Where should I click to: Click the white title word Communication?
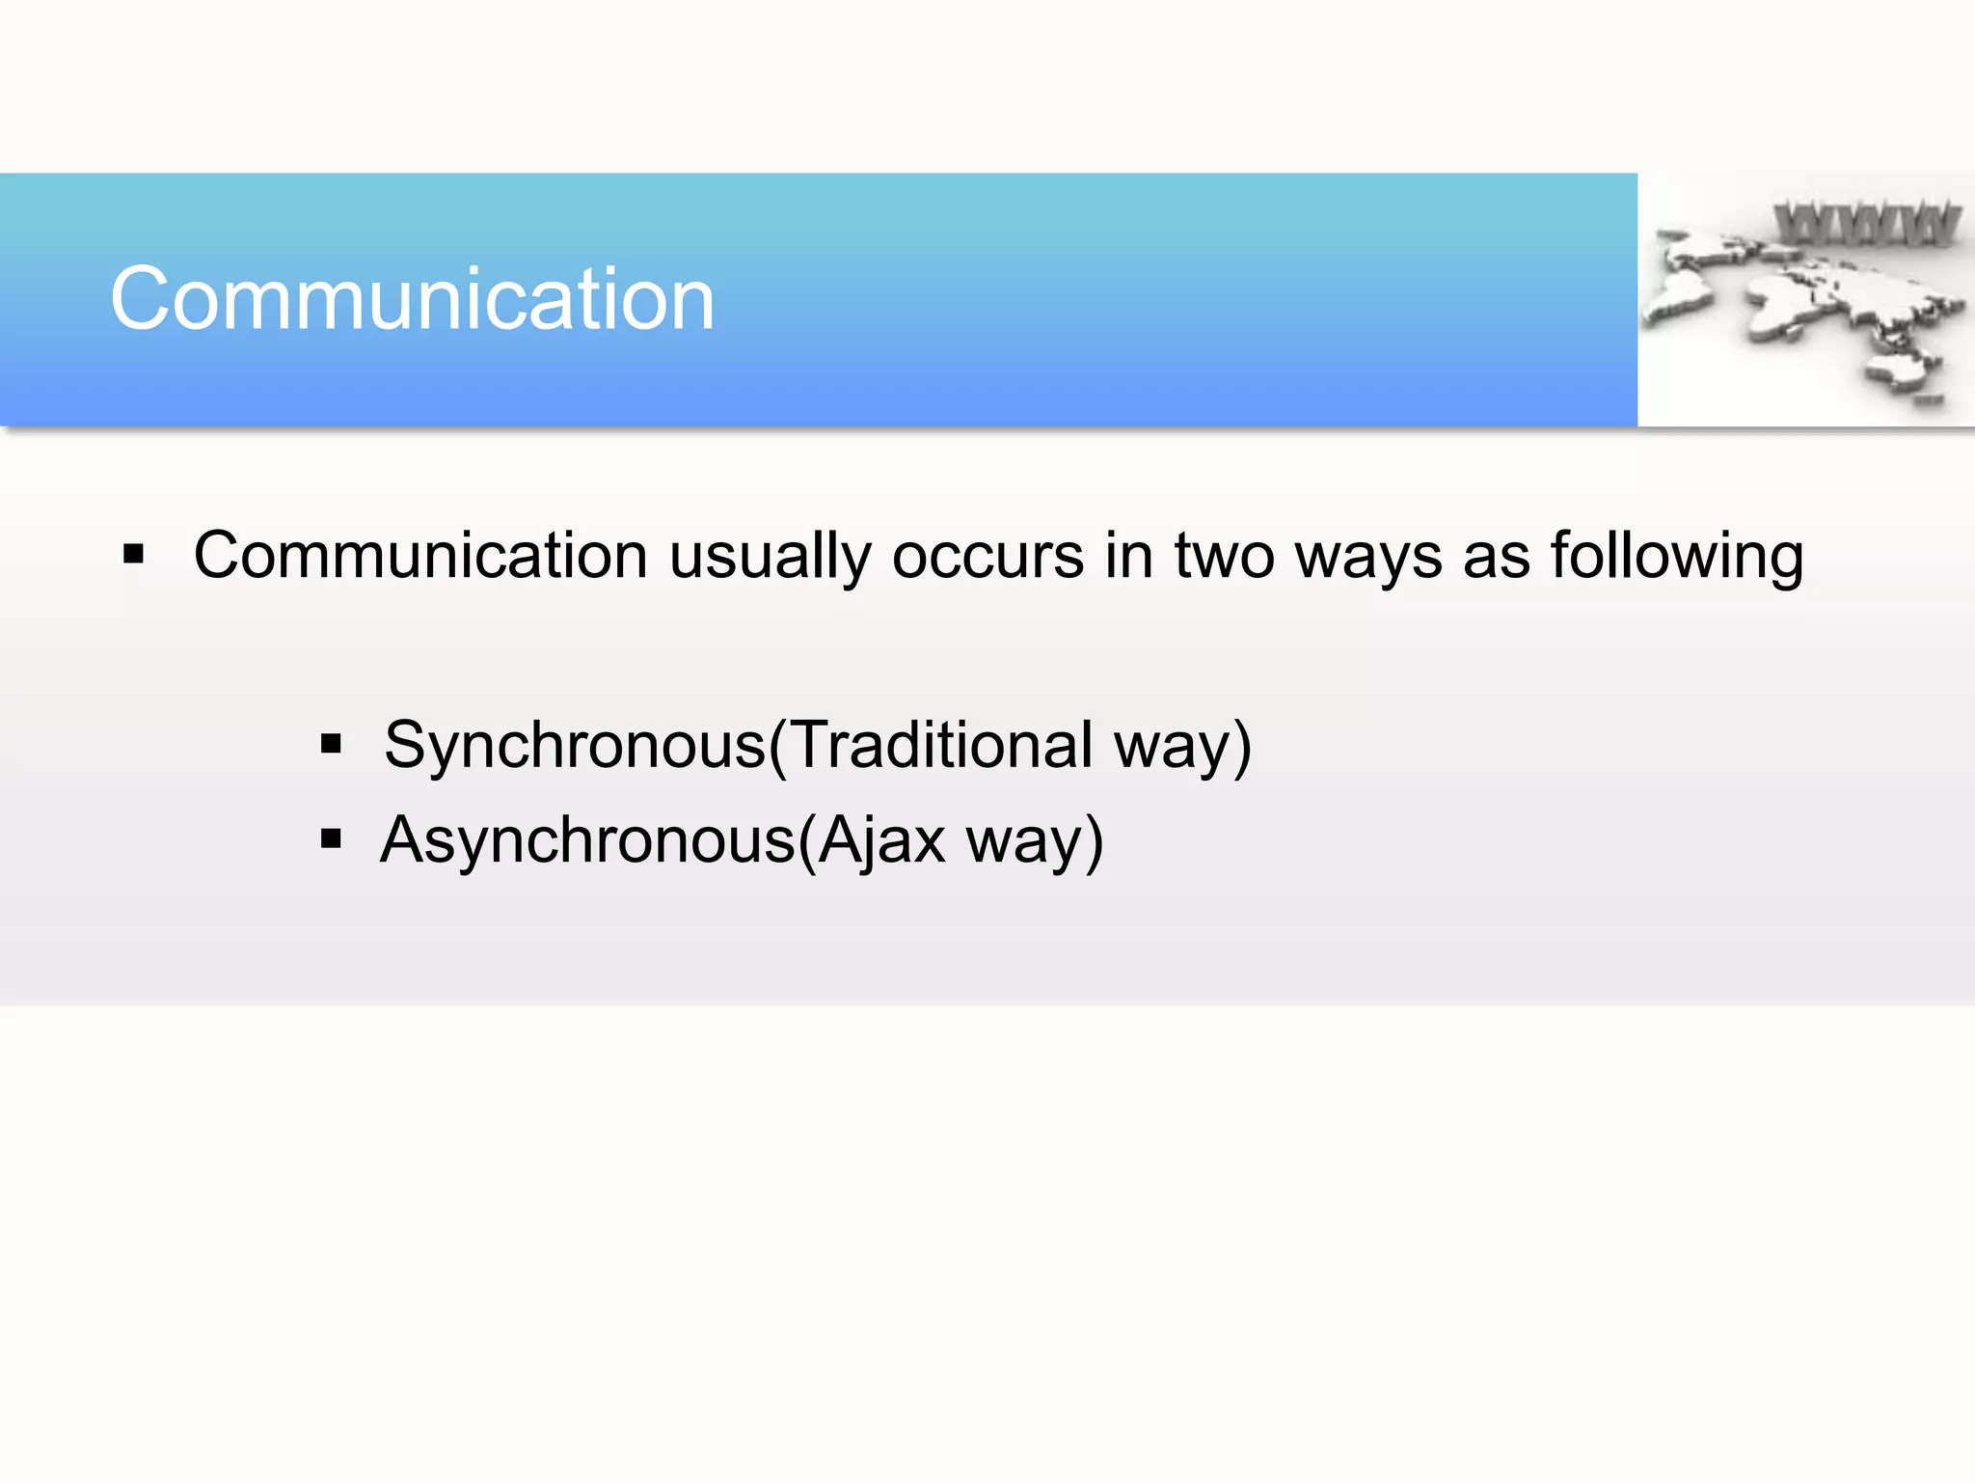point(413,299)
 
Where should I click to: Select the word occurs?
point(987,558)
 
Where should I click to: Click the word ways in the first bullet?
point(1367,558)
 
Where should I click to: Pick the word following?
point(1676,558)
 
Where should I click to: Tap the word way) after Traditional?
point(1182,747)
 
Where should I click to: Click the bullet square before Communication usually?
point(134,554)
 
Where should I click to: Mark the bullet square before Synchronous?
point(331,744)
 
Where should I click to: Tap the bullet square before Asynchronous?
point(331,838)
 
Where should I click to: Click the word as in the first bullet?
point(1497,558)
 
